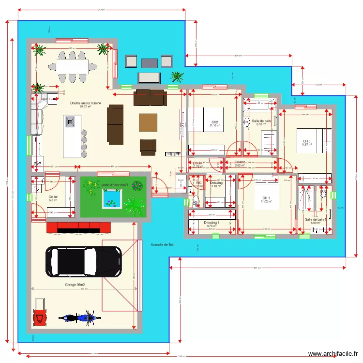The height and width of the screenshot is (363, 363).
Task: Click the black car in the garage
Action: coord(83,262)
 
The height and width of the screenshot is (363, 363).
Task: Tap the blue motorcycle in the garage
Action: coord(81,318)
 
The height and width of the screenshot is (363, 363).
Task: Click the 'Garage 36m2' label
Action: coord(75,285)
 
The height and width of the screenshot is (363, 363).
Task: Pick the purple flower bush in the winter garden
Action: coord(137,185)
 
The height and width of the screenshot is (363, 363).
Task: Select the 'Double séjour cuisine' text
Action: coord(85,103)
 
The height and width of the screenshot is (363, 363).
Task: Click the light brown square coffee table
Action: coord(148,122)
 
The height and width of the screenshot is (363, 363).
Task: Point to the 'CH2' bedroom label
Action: coord(214,122)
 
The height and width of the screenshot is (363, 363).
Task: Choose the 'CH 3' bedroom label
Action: coord(306,141)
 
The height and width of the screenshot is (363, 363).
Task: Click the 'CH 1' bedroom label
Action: coord(266,198)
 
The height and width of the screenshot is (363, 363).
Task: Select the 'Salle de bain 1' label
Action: coord(315,219)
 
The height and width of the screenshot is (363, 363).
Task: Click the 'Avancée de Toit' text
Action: coord(162,245)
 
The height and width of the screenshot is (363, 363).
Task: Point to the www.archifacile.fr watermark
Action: coord(333,354)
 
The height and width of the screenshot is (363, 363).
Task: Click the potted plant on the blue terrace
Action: coord(178,76)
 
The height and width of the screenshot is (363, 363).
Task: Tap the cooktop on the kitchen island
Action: coord(71,122)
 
